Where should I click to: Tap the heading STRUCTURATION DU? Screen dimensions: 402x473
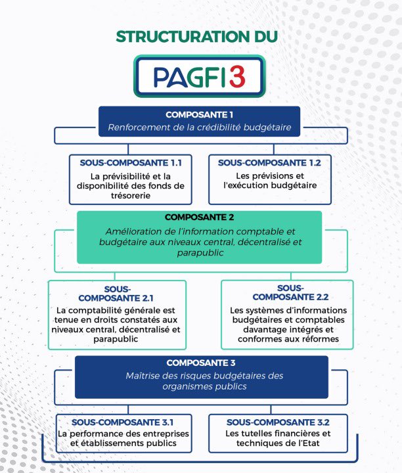[196, 36]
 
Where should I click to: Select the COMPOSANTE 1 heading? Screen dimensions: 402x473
[199, 114]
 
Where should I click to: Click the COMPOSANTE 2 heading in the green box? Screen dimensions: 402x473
[199, 217]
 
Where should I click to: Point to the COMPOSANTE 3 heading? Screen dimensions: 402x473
[200, 363]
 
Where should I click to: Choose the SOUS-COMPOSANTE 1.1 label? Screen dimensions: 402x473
[131, 162]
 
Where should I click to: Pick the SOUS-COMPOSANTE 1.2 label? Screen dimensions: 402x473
[270, 162]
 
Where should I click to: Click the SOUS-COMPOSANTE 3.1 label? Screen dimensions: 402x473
[123, 421]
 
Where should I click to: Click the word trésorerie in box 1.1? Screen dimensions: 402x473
[131, 196]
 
